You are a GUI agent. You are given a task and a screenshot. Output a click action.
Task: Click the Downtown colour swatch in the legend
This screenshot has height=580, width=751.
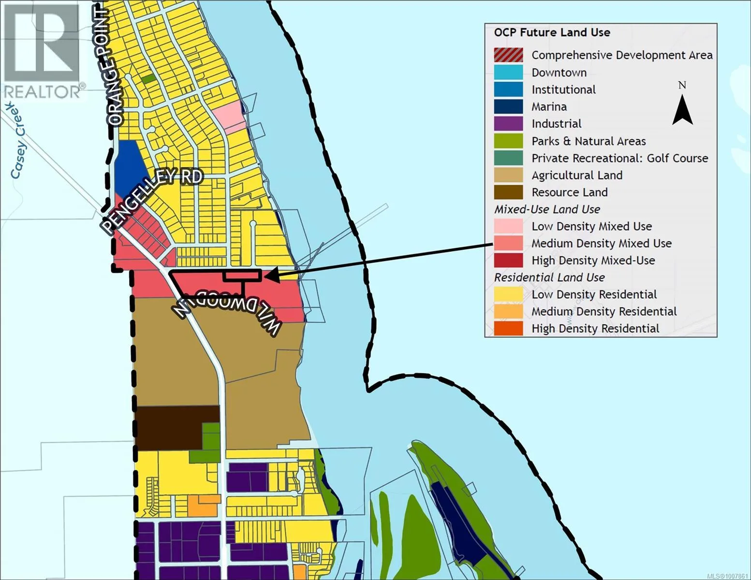pos(508,72)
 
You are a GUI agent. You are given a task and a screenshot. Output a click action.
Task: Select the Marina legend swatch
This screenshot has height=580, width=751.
pos(508,106)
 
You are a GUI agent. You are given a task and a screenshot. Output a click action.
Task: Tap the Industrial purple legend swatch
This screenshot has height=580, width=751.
pos(508,124)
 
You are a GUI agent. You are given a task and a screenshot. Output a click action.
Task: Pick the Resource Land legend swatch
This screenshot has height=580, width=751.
pos(508,192)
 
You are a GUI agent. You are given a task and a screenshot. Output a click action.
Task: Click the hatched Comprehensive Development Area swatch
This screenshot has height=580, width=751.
pos(508,55)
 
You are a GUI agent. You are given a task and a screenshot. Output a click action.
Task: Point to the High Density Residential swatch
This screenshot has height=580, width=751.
pos(508,329)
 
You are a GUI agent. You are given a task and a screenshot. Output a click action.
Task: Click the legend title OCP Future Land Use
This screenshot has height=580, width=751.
pos(552,32)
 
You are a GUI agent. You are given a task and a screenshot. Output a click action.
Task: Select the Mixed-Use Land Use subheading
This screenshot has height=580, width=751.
pos(547,209)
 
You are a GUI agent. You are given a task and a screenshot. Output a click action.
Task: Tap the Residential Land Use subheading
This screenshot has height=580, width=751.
pos(549,277)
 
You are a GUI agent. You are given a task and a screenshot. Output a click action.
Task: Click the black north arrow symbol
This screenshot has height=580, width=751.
pos(682,110)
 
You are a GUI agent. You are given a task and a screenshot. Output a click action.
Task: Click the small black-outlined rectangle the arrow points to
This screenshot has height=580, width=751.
pos(242,275)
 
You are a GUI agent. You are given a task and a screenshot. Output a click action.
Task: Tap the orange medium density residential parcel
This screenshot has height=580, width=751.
pos(202,505)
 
